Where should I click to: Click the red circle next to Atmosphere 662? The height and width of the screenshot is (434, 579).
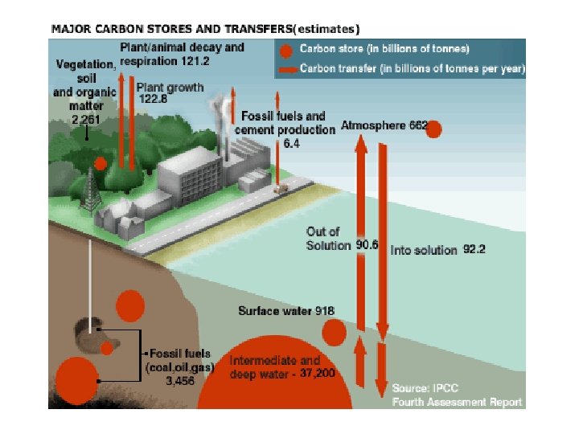tap(433, 129)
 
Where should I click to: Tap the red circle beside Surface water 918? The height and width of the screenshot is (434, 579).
tap(334, 332)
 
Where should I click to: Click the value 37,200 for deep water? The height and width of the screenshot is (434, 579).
tap(318, 375)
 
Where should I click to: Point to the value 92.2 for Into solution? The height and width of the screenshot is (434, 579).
tap(474, 250)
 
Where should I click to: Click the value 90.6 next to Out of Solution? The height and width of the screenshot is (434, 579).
tap(366, 245)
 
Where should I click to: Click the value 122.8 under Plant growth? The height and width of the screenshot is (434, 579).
tap(157, 99)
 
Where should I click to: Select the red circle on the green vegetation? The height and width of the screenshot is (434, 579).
tap(101, 164)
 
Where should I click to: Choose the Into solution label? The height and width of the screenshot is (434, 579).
tap(424, 250)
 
